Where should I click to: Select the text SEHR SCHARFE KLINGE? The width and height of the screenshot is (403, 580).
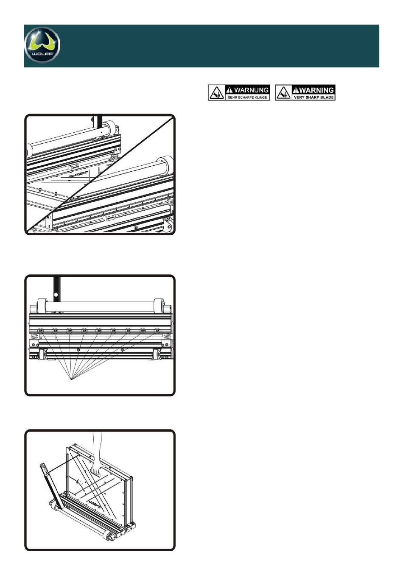pos(247,98)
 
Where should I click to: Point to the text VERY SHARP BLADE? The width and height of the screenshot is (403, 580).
pos(314,98)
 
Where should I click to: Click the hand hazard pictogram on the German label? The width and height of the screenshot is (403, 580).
pos(216,93)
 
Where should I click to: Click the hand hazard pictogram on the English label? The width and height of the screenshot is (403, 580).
pos(283,93)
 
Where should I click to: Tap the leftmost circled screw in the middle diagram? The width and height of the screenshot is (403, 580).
pos(41,330)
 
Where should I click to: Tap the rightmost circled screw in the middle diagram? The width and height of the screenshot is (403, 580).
pos(157,330)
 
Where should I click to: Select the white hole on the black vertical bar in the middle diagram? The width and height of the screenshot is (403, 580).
pos(56,293)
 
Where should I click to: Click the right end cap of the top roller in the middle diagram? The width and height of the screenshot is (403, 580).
pos(160,305)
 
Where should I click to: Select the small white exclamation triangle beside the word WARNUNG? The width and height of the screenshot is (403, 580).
pos(229,90)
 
